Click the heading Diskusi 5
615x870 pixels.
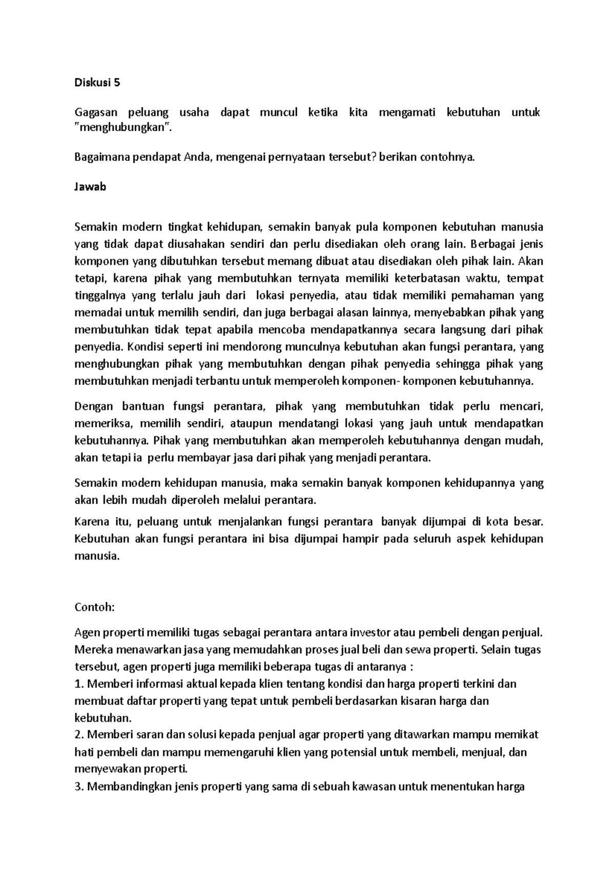click(x=97, y=83)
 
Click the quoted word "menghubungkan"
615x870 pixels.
click(x=122, y=128)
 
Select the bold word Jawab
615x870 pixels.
click(x=90, y=187)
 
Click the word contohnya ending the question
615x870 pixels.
click(x=447, y=157)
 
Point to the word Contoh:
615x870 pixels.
click(x=95, y=608)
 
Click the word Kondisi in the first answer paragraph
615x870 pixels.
click(x=145, y=347)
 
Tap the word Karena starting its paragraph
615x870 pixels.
click(x=92, y=522)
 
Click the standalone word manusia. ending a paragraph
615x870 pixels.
click(x=97, y=556)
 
